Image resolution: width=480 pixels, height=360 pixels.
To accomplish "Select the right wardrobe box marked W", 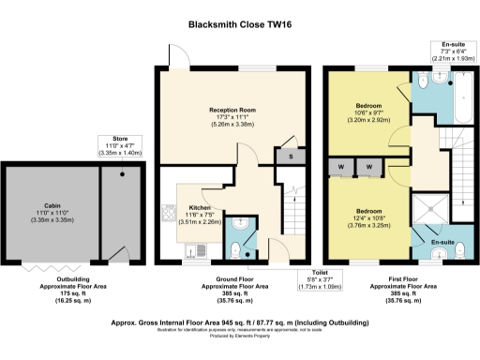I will pos(368,167).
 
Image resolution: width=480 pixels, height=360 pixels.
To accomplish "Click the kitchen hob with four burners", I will pos(170,215).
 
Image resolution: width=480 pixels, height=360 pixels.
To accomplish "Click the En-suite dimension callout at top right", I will pos(454,51).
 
